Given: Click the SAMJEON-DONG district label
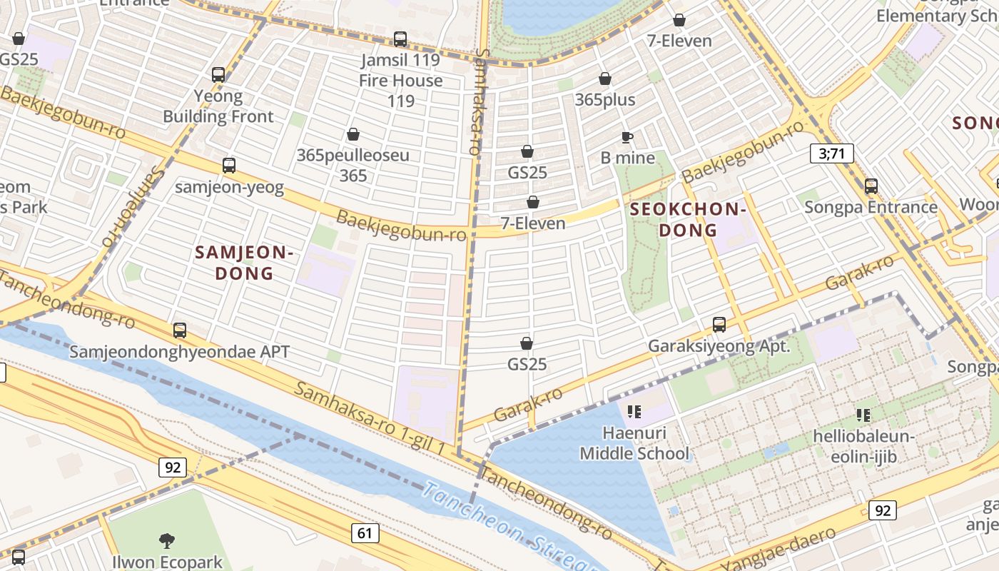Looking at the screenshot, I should [244, 262].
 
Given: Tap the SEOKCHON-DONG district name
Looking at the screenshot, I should [688, 219].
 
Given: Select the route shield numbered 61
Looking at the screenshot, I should [365, 532].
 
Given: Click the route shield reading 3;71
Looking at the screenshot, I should [831, 153].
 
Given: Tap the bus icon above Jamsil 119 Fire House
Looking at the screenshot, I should [400, 39].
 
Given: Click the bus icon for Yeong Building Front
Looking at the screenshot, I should [218, 75].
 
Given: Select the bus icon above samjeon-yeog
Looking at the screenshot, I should [229, 166].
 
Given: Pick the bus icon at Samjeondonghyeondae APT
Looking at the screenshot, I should [180, 330].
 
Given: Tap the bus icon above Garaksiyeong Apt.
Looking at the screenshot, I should [719, 325].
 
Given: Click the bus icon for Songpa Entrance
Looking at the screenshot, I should [871, 186].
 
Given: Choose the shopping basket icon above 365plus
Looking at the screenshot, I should [605, 79].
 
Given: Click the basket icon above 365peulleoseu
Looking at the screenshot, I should [353, 134].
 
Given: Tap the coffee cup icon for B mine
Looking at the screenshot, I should [627, 137].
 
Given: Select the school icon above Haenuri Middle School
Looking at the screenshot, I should [634, 412].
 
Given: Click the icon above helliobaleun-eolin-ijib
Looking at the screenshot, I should [863, 415].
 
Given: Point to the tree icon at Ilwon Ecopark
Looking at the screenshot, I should [167, 540].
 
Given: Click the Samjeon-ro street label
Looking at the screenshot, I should [133, 203].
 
